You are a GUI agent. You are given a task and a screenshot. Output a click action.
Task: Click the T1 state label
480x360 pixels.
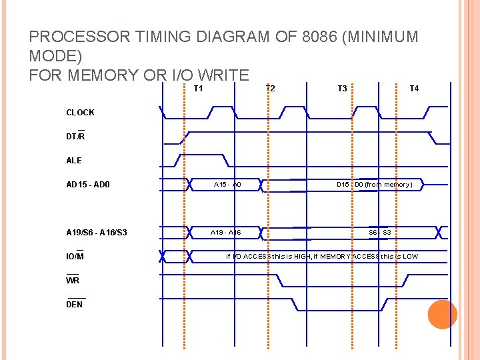click(198, 89)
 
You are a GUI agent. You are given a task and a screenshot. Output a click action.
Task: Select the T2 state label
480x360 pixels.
click(270, 89)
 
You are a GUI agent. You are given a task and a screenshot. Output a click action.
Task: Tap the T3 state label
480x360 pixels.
click(342, 89)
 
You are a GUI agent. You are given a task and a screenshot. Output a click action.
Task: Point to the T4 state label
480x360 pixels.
click(414, 89)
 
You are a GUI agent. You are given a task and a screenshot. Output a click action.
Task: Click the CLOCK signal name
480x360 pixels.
click(80, 113)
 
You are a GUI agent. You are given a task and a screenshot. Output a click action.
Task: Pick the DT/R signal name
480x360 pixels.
click(75, 136)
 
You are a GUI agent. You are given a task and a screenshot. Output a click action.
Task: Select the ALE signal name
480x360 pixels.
click(74, 161)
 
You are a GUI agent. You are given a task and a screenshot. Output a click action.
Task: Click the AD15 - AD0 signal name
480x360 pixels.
click(88, 185)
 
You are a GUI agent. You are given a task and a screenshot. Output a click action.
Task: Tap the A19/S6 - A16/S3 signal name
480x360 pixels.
click(97, 233)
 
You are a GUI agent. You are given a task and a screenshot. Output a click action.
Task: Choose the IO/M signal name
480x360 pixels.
click(75, 256)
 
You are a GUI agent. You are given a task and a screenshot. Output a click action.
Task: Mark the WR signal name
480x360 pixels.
click(73, 280)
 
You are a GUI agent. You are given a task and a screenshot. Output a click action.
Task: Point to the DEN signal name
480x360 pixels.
click(75, 304)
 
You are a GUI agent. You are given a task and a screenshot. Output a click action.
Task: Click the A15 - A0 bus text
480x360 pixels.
click(227, 185)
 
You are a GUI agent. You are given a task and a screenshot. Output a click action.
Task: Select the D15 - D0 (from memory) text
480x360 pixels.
click(374, 185)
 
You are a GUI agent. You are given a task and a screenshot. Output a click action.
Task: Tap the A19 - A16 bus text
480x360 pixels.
click(226, 233)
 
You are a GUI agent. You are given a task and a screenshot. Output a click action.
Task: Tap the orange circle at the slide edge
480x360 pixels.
click(442, 315)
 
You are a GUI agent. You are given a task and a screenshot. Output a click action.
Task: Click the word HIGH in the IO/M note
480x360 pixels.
click(299, 257)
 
